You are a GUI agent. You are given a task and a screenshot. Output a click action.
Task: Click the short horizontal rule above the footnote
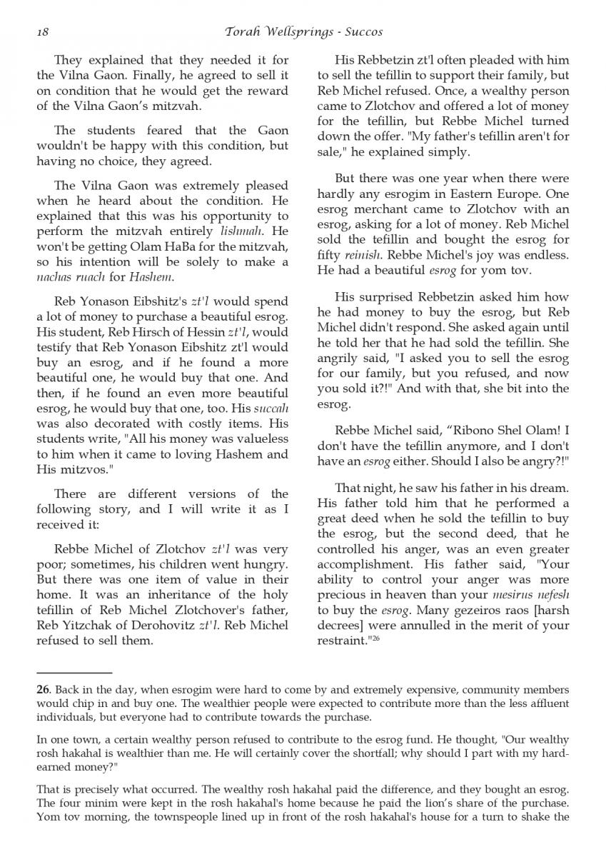74,673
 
